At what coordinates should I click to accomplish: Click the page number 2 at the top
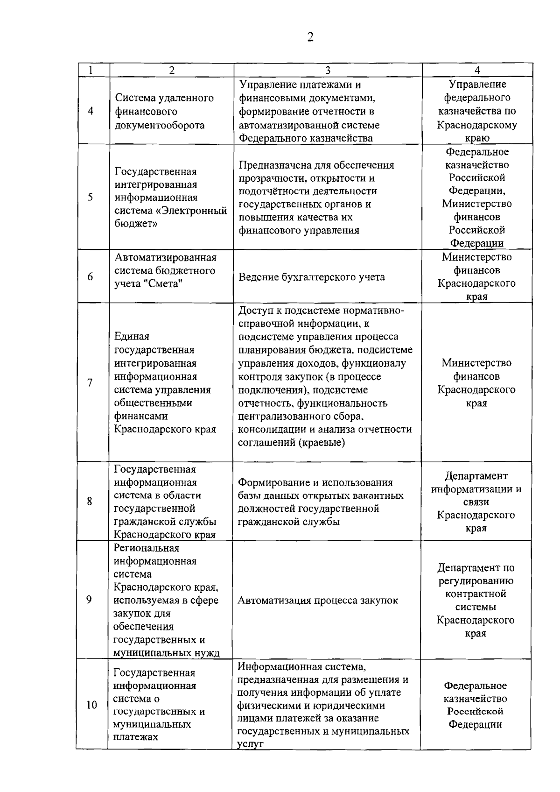coord(310,37)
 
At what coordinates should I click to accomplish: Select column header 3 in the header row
coord(328,70)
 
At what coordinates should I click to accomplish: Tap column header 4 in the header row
coord(477,70)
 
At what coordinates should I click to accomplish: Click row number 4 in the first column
coord(91,111)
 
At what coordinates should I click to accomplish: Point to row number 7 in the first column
coord(90,383)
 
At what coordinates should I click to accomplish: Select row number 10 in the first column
coord(91,704)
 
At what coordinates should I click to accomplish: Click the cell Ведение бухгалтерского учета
coord(312,277)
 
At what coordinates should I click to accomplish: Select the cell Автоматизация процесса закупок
coord(318,601)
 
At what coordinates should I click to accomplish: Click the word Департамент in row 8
coord(476,476)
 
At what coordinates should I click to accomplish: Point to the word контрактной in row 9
coord(476,594)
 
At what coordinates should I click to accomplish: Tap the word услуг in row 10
coord(251,744)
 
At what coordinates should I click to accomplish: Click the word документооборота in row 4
coord(160,125)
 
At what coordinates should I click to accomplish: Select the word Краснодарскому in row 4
coord(477,125)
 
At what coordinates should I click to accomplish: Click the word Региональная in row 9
coord(147,548)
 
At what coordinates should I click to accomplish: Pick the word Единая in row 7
coord(132,337)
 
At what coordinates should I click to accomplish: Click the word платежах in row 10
coord(135,737)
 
